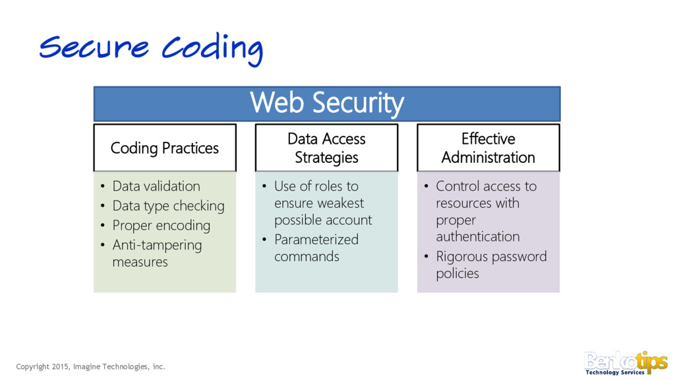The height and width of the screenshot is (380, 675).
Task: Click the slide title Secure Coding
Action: coord(151,47)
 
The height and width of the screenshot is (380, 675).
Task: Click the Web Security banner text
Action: coord(327,104)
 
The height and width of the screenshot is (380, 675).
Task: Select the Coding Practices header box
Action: coord(164,148)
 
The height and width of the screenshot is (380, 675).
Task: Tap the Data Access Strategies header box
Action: coord(326,148)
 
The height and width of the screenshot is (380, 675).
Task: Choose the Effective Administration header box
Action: coord(488,148)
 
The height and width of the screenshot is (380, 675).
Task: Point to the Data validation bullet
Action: coord(156,186)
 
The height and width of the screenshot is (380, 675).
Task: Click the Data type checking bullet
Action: coord(168,206)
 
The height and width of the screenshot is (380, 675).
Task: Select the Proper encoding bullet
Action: coord(161,226)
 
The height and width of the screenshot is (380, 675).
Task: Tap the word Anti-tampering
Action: coord(157,245)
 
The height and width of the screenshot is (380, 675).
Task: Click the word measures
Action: coord(140,262)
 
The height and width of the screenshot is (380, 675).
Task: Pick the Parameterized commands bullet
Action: coord(316,248)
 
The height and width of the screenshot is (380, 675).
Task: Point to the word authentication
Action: coord(477,236)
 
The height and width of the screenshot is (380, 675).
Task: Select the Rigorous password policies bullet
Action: coord(491,265)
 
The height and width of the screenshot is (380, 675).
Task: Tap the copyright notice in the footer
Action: coord(91,366)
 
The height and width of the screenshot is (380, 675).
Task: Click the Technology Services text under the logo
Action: coord(615,373)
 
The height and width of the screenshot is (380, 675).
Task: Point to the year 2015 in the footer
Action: coord(61,366)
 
